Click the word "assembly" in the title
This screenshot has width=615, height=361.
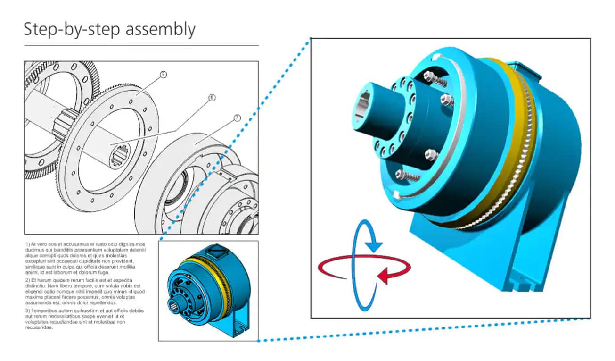tap(160, 29)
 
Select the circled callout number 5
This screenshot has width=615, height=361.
tap(164, 75)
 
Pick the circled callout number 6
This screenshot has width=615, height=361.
tap(212, 98)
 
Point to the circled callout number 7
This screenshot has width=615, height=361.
tap(237, 118)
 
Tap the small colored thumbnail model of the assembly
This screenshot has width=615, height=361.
tap(209, 290)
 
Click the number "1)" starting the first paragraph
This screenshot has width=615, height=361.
tap(28, 244)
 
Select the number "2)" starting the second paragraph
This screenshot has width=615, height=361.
tap(28, 280)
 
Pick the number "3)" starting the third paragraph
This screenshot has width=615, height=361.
tap(28, 311)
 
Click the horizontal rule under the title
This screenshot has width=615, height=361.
tap(141, 45)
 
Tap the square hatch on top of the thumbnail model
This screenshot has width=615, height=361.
tap(217, 252)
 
